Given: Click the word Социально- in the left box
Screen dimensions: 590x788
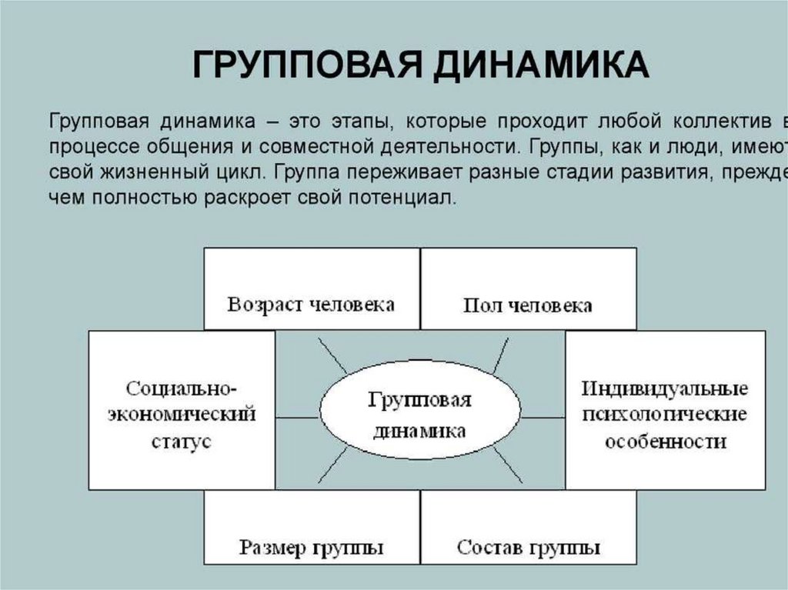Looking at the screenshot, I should click(182, 386).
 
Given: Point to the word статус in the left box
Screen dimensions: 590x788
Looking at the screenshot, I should click(182, 443).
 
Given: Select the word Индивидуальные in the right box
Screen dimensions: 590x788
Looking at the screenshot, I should click(666, 386).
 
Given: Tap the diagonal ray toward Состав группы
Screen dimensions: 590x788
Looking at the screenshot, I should click(507, 465).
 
